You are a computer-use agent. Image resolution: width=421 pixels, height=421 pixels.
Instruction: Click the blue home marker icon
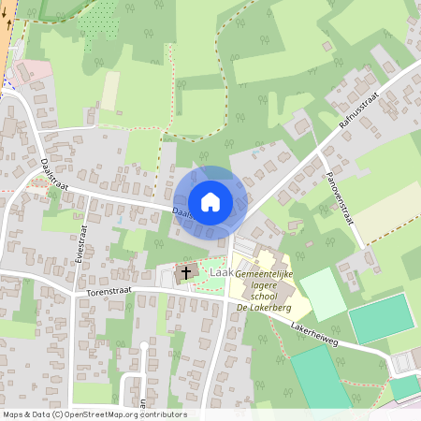[210, 201]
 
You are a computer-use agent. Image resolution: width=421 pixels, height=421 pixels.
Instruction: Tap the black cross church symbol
[185, 273]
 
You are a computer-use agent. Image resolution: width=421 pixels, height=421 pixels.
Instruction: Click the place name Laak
[221, 271]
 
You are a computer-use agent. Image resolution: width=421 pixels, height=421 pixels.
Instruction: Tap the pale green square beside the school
[322, 293]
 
